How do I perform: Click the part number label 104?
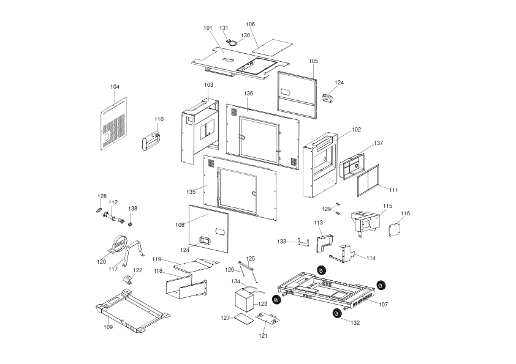coord(115,87)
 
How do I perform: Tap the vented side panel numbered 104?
coord(114,124)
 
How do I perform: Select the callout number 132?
coord(355,323)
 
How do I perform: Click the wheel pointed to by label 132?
coord(337,314)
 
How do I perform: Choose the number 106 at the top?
coord(251,24)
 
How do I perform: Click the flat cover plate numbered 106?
coord(273,46)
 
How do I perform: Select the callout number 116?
coord(406,214)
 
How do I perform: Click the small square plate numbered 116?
coord(395,229)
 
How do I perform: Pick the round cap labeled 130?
coord(233,43)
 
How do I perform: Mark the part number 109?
coord(108,327)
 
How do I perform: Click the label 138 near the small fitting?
coord(132,209)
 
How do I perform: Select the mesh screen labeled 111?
coord(368,180)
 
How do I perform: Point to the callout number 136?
coord(248,94)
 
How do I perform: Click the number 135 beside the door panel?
coord(191,192)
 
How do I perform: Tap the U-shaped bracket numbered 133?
coord(303,242)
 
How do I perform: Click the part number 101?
coord(208,28)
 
